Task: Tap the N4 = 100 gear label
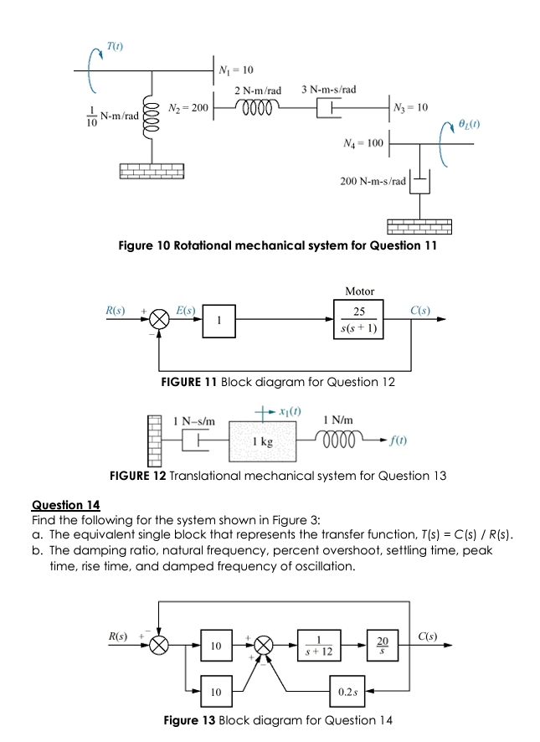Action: tap(363, 143)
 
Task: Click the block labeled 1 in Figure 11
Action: tap(218, 320)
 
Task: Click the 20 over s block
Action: tap(382, 647)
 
